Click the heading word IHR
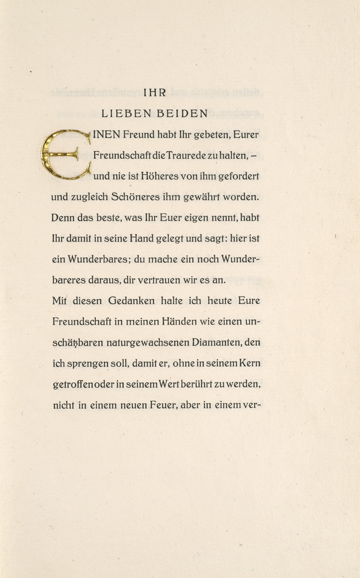(x=154, y=92)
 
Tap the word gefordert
(x=239, y=176)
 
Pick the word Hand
(x=142, y=239)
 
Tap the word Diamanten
(x=217, y=343)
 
